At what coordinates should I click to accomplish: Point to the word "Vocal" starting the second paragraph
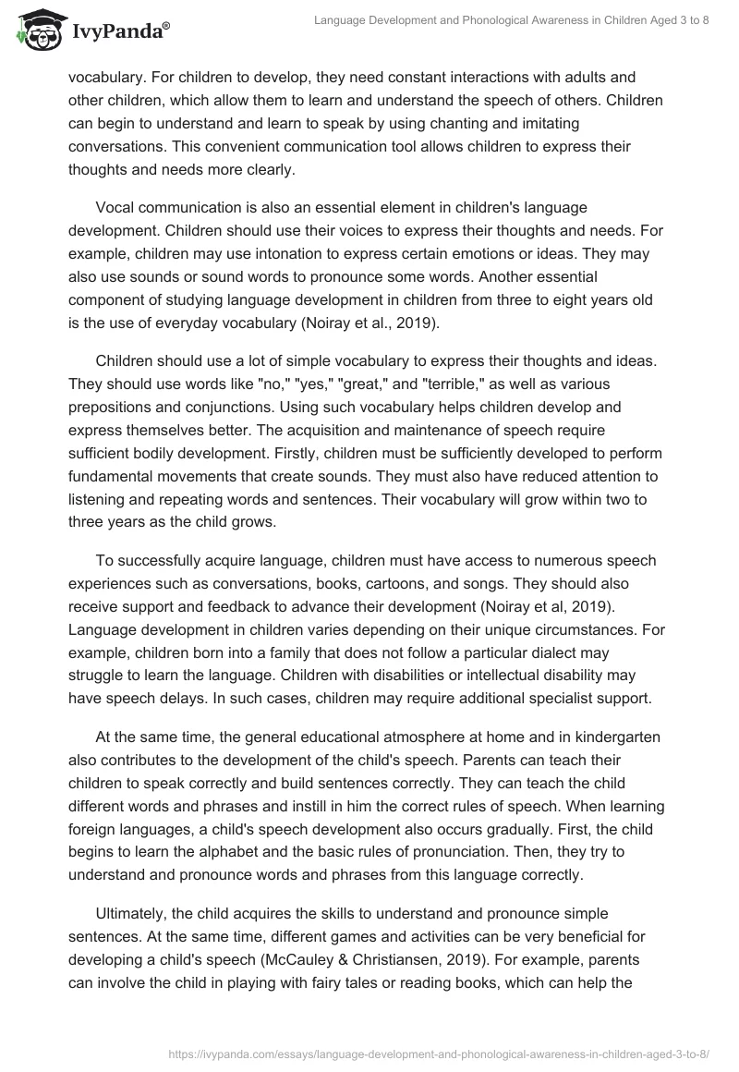point(115,208)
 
